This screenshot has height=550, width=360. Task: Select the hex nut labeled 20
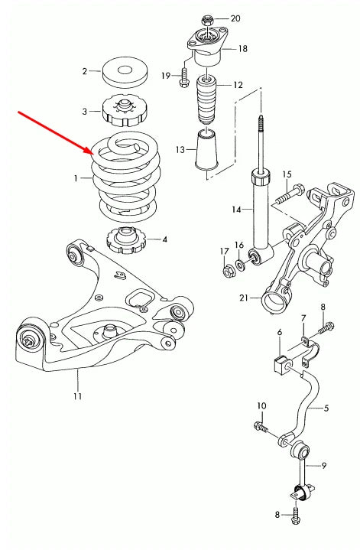click(x=206, y=18)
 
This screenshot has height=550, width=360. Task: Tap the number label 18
click(x=242, y=48)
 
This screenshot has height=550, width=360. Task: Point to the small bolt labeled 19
click(x=184, y=78)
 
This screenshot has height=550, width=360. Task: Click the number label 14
click(x=237, y=209)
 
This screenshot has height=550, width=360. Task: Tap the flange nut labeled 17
click(x=227, y=270)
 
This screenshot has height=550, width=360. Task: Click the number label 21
click(x=243, y=298)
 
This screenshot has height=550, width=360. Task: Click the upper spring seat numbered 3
click(x=122, y=112)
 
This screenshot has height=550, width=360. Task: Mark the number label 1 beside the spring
click(x=76, y=178)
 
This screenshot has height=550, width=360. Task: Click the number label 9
click(x=324, y=465)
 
